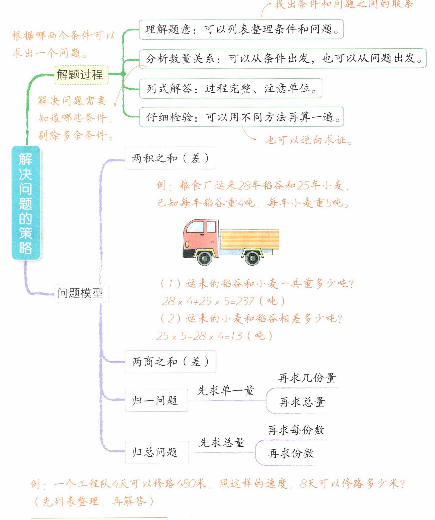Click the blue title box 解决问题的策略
tap(26, 203)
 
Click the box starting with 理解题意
tap(241, 29)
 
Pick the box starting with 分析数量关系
tap(282, 58)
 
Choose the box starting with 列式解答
tap(230, 88)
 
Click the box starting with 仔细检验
tap(241, 117)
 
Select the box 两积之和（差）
tap(170, 158)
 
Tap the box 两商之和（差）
tap(170, 362)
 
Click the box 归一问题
tap(156, 400)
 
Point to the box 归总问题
tap(157, 452)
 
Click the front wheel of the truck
tap(205, 258)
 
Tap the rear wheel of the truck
tap(252, 258)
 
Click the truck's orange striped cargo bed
tap(249, 239)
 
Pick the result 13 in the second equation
tap(236, 336)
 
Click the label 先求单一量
tap(226, 391)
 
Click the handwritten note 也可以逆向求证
tap(309, 140)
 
